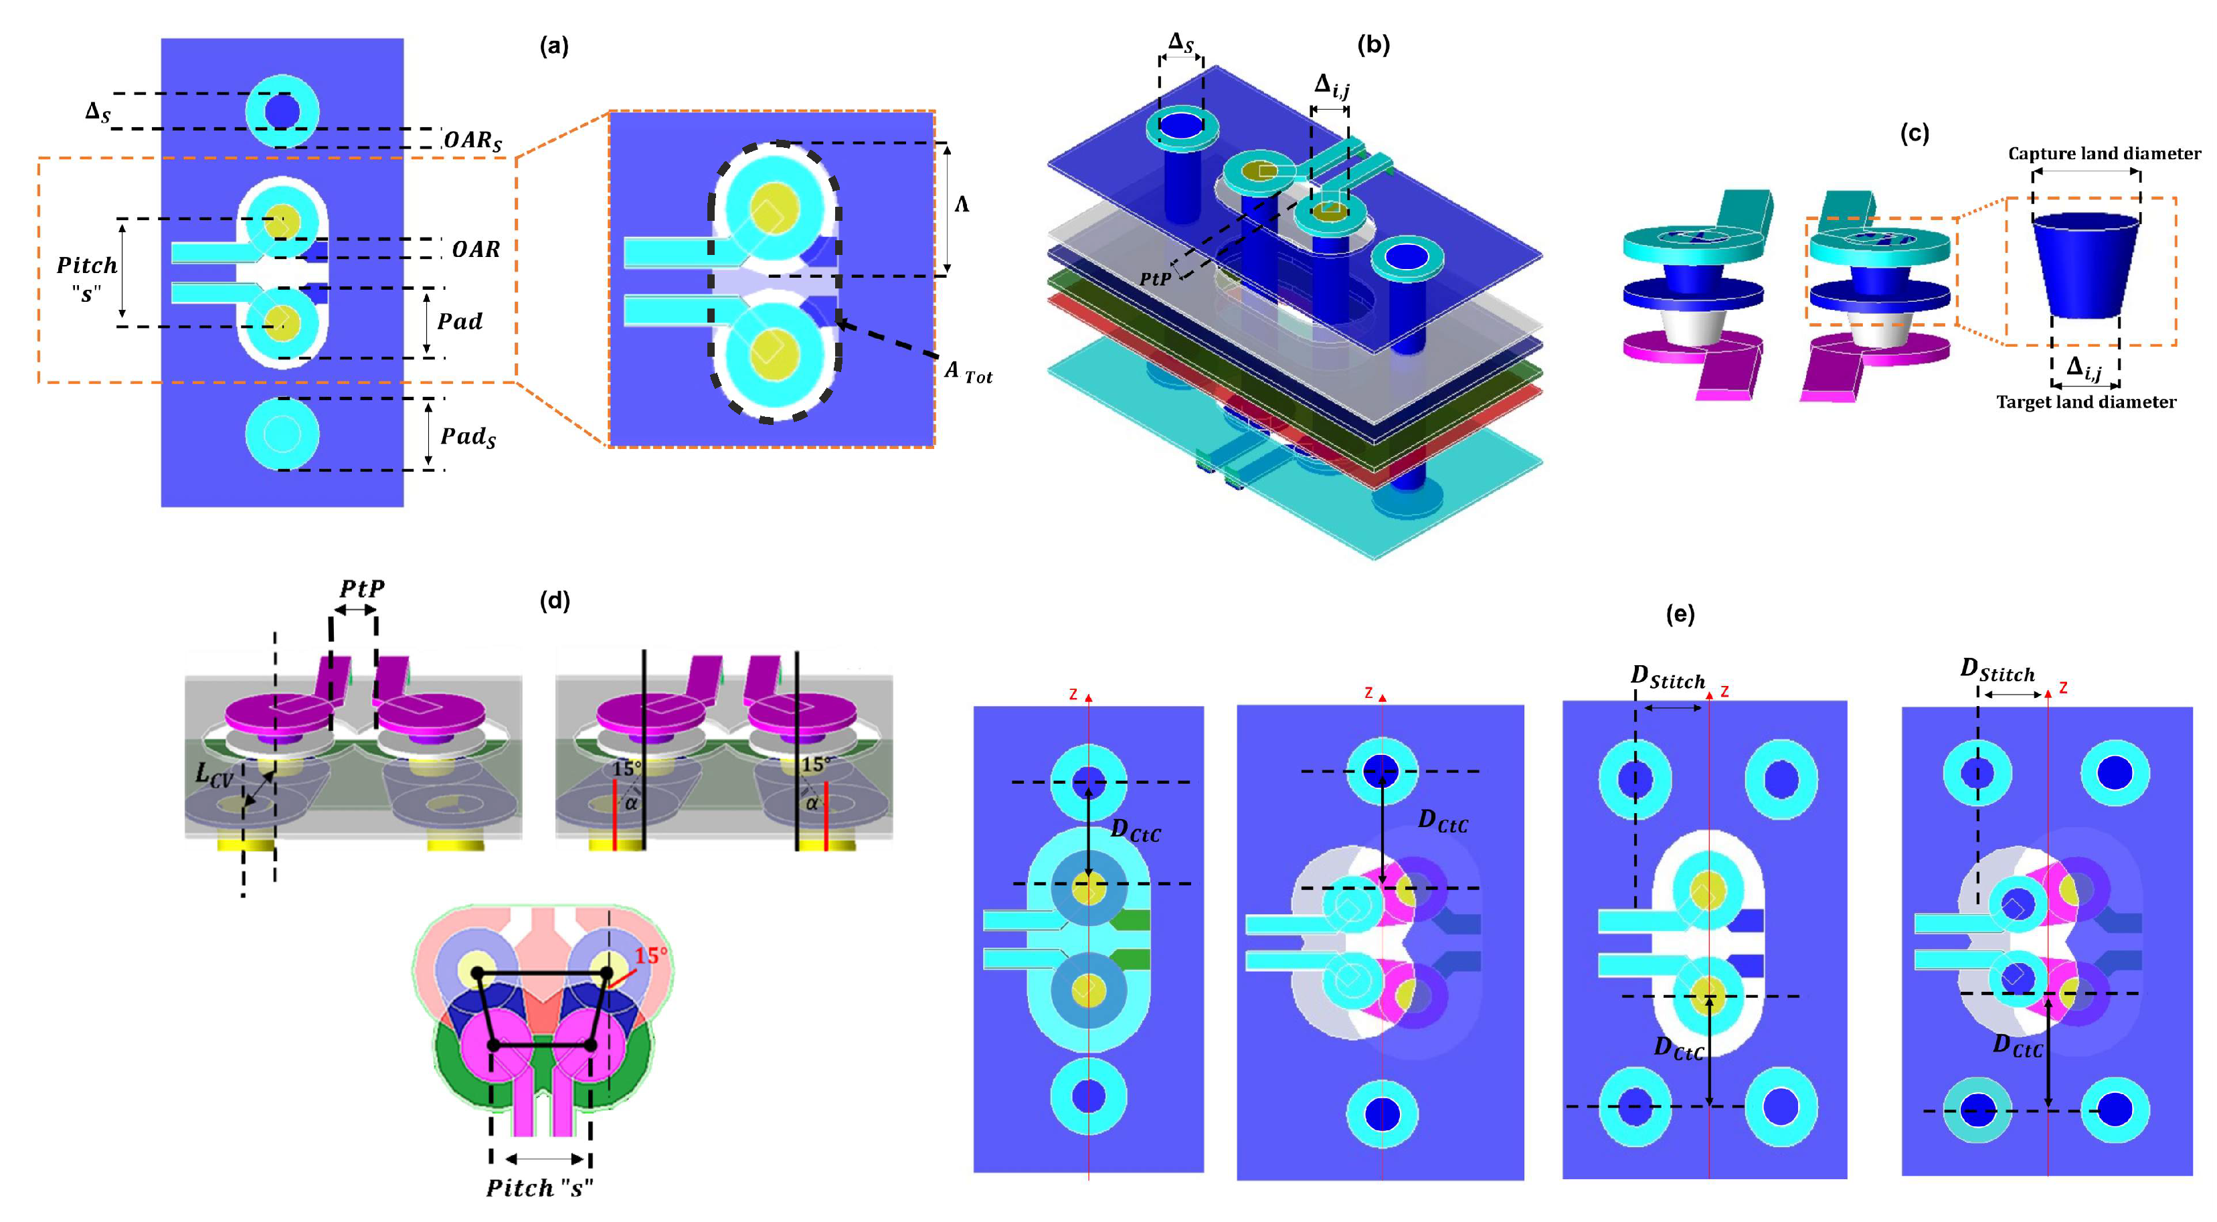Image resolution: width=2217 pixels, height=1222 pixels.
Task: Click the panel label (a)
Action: point(553,46)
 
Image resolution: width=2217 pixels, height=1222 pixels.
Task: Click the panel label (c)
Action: point(1913,133)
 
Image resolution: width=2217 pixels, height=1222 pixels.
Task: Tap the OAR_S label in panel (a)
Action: point(472,141)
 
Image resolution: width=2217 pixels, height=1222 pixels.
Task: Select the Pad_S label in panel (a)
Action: point(468,436)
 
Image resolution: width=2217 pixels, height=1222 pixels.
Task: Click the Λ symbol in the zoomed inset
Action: point(962,205)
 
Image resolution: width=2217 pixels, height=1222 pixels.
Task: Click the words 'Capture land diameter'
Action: point(2103,154)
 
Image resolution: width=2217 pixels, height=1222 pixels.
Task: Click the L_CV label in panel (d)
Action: point(213,774)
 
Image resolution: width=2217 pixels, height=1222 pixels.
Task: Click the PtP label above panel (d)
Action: point(361,590)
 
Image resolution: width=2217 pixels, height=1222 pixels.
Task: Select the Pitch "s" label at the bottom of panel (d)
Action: point(539,1189)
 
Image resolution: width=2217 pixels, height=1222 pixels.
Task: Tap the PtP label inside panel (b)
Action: point(1154,280)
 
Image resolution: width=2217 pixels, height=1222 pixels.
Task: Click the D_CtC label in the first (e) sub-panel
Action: point(1135,831)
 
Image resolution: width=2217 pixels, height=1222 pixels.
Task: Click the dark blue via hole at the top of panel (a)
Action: point(282,112)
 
